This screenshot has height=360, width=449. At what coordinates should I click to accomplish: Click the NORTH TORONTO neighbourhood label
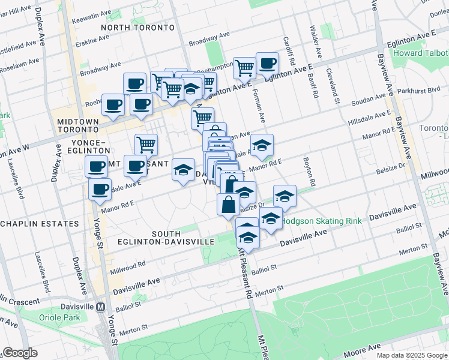click(138, 28)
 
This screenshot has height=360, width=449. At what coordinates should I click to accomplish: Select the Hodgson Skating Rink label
click(322, 221)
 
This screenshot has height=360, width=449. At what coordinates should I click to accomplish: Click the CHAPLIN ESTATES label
click(40, 224)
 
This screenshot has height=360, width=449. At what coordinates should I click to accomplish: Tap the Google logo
click(20, 353)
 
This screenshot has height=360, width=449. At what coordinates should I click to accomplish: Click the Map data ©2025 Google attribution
click(412, 355)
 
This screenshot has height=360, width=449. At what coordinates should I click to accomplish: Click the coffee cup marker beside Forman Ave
click(267, 63)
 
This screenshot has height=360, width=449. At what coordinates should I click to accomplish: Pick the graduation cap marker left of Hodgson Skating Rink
click(285, 196)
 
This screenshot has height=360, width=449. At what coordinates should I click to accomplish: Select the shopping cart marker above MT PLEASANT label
click(146, 145)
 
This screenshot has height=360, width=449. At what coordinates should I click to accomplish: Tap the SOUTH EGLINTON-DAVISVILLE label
click(183, 238)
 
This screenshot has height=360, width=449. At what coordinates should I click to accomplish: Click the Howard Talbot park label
click(420, 53)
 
